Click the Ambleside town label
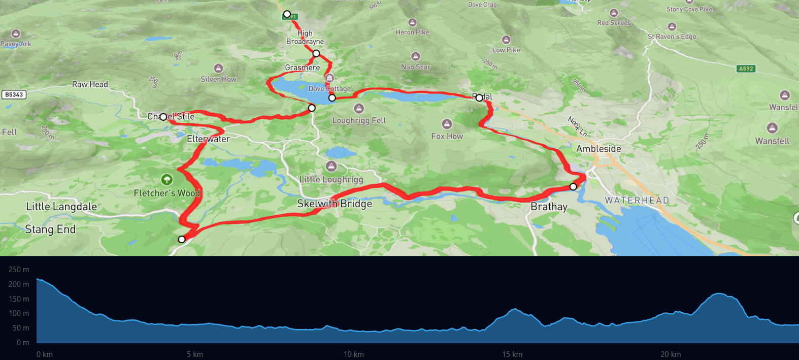598,149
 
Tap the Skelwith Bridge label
335,204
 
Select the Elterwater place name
208,139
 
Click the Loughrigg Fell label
359,120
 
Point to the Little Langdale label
61,206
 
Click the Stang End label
50,229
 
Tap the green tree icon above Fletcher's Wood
167,179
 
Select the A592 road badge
746,69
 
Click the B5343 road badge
14,94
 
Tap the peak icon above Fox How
447,124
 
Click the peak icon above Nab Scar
415,56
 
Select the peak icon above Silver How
218,68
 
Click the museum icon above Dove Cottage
329,78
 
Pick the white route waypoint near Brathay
573,186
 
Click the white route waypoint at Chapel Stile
163,117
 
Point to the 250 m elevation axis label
19,270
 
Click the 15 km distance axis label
512,354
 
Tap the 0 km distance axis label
45,354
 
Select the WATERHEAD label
637,201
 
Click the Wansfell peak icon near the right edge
772,127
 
